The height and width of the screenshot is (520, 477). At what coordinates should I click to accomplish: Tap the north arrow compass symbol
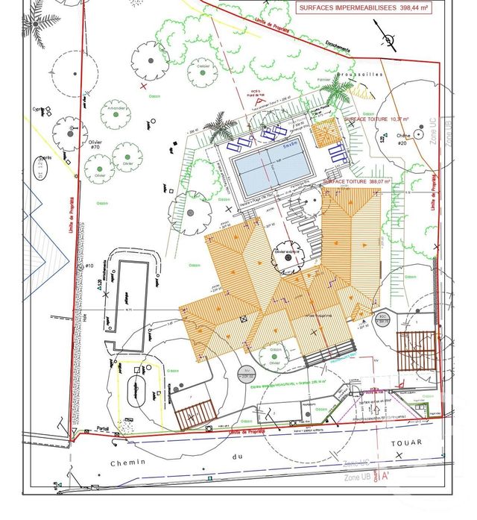387,40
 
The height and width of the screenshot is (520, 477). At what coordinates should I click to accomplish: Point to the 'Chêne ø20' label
403,140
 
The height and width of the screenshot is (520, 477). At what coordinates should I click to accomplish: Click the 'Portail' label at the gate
102,428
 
